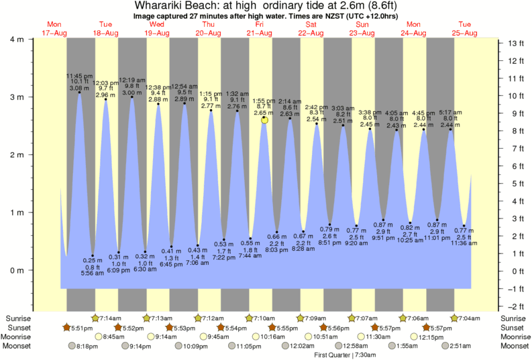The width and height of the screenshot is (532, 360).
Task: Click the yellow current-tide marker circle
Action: tap(265, 120)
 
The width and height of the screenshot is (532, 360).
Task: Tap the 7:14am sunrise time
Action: tap(111, 317)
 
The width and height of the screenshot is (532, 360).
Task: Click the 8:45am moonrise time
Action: tap(115, 337)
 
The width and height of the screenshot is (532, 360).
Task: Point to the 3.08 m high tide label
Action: tap(78, 88)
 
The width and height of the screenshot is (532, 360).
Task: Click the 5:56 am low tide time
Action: tap(93, 273)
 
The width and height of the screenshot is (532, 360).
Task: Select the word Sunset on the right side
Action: tap(513, 327)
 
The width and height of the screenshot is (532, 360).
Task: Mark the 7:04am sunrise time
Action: tap(470, 317)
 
